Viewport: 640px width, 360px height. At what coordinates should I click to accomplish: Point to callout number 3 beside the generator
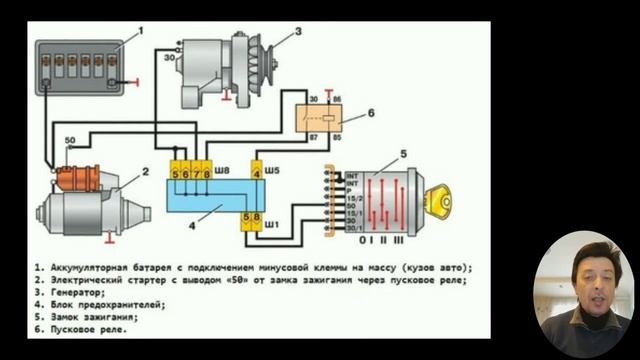tap(297, 32)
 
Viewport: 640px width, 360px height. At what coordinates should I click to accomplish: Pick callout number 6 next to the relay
tap(370, 114)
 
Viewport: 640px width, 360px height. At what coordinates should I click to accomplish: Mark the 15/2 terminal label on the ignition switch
tap(351, 201)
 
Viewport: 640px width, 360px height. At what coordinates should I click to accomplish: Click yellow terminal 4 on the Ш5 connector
tap(257, 174)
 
